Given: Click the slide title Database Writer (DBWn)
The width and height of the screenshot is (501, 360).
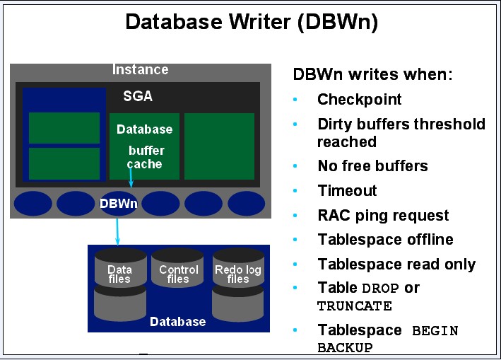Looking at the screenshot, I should pyautogui.click(x=252, y=22).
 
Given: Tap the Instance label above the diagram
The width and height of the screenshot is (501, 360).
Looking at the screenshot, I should pyautogui.click(x=141, y=69).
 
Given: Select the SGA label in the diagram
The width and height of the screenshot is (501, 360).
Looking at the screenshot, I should pyautogui.click(x=138, y=96).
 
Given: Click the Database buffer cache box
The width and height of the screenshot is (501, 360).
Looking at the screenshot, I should pyautogui.click(x=144, y=146).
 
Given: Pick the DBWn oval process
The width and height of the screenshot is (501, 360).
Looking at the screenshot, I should pyautogui.click(x=118, y=204).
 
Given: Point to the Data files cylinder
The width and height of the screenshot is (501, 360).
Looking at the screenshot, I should pyautogui.click(x=119, y=283).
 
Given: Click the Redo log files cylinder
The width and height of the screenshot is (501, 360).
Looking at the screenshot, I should pyautogui.click(x=237, y=283).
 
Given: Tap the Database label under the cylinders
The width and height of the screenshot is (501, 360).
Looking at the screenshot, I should pyautogui.click(x=178, y=322).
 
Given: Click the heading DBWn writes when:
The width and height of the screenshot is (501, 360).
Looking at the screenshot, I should pyautogui.click(x=372, y=74).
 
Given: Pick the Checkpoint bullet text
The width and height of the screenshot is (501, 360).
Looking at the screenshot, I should pyautogui.click(x=359, y=100).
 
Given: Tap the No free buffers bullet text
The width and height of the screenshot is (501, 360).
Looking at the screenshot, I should pyautogui.click(x=372, y=166).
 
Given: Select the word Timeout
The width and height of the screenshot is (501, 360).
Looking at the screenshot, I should pyautogui.click(x=347, y=191).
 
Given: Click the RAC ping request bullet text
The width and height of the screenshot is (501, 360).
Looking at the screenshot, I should pyautogui.click(x=383, y=216).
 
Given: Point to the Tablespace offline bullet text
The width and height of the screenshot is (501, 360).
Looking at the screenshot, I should pyautogui.click(x=385, y=240).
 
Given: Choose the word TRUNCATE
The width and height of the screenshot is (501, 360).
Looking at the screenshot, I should pyautogui.click(x=354, y=306).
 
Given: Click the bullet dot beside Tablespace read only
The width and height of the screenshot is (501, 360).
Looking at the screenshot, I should pyautogui.click(x=295, y=265).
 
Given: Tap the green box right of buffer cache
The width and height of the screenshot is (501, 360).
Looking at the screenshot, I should pyautogui.click(x=219, y=146).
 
